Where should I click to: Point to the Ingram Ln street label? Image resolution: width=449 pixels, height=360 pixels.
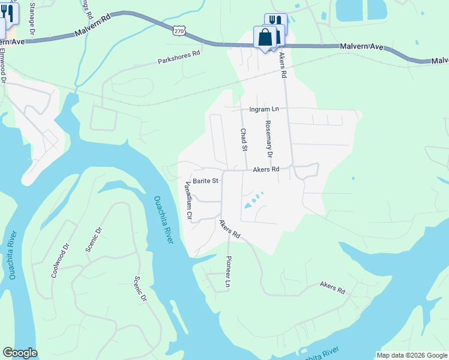(264, 109)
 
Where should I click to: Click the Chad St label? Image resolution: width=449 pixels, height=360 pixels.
(244, 140)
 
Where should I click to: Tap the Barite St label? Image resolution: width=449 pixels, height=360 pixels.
(205, 180)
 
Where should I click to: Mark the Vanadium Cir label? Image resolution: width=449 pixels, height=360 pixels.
(189, 199)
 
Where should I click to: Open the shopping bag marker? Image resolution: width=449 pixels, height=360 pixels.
(265, 38)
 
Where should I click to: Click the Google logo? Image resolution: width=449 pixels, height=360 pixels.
(20, 353)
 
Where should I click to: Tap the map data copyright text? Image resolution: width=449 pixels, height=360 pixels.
(412, 355)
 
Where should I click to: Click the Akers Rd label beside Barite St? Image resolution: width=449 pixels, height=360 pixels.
(266, 170)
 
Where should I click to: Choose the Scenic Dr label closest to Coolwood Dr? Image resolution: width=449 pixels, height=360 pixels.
(94, 239)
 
